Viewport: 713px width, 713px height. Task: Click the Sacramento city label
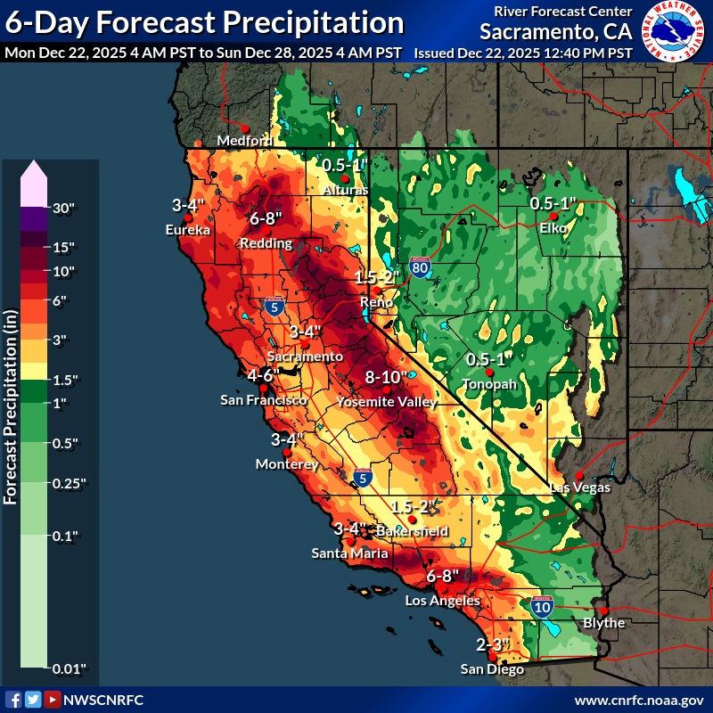tap(305, 356)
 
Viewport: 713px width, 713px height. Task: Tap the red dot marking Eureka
tap(188, 217)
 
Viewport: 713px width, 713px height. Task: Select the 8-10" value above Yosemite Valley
tap(386, 378)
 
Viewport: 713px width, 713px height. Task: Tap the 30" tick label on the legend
tap(64, 209)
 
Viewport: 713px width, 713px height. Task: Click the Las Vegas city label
tap(579, 488)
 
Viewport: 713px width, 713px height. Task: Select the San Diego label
tap(493, 668)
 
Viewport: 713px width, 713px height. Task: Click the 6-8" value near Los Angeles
tap(442, 576)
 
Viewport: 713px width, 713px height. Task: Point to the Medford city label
tap(245, 141)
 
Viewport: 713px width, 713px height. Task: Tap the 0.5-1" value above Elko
tap(553, 203)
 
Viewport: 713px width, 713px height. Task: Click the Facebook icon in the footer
tap(13, 700)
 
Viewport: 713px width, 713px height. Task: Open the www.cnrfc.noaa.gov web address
tap(638, 700)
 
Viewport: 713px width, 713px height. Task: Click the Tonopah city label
tap(488, 383)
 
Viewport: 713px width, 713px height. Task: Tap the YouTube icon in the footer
tap(53, 700)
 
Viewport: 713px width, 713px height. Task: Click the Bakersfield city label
tap(412, 531)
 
